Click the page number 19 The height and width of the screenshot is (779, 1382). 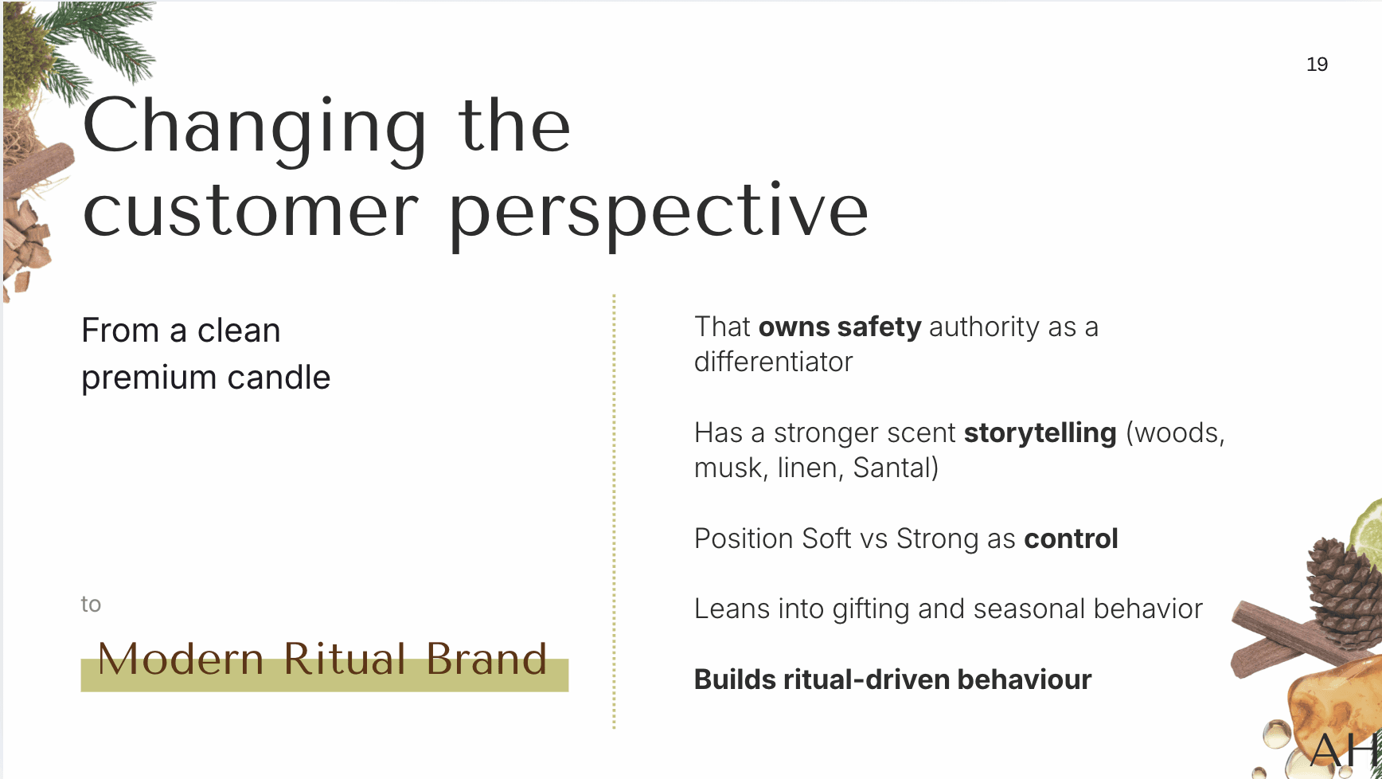click(1317, 65)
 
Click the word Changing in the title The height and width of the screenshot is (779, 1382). click(256, 128)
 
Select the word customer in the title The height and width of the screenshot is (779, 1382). click(251, 212)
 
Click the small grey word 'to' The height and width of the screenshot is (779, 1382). click(91, 605)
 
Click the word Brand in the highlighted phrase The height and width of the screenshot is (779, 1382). click(486, 660)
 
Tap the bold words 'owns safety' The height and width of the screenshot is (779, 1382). click(840, 327)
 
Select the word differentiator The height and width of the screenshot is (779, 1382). click(773, 362)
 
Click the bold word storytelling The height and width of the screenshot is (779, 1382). click(1040, 433)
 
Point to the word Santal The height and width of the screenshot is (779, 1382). click(892, 468)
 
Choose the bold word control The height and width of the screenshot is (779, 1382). click(1071, 539)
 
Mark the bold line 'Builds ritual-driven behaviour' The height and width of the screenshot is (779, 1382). click(892, 680)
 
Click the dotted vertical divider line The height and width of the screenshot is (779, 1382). click(614, 511)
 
